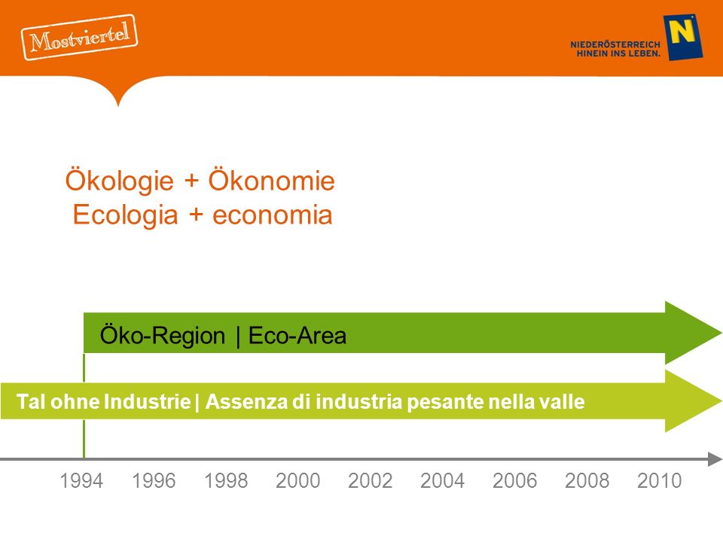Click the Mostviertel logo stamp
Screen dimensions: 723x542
(x=79, y=37)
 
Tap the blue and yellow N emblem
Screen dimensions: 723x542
(x=683, y=38)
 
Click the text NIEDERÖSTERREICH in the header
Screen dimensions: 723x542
(x=615, y=44)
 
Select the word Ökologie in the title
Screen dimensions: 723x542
(x=120, y=180)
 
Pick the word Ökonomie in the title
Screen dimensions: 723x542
(x=272, y=179)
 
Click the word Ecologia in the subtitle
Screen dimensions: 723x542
(x=125, y=215)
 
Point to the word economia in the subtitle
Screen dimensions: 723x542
(x=272, y=215)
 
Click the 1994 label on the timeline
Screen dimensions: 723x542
(x=81, y=481)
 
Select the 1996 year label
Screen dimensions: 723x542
(x=154, y=481)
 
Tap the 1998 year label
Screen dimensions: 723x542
(x=226, y=481)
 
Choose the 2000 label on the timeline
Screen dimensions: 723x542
(x=298, y=481)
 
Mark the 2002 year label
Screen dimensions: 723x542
(x=371, y=481)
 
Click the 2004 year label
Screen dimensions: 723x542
(x=443, y=481)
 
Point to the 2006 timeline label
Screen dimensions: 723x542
(x=515, y=481)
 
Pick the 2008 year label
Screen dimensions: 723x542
(x=587, y=481)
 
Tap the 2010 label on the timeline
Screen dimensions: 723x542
(x=660, y=481)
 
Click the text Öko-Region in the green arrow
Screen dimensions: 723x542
(x=163, y=335)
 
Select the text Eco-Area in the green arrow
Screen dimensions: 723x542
(x=297, y=335)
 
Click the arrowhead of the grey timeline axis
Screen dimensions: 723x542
(x=715, y=459)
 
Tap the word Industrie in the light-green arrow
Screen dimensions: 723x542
(x=147, y=401)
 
